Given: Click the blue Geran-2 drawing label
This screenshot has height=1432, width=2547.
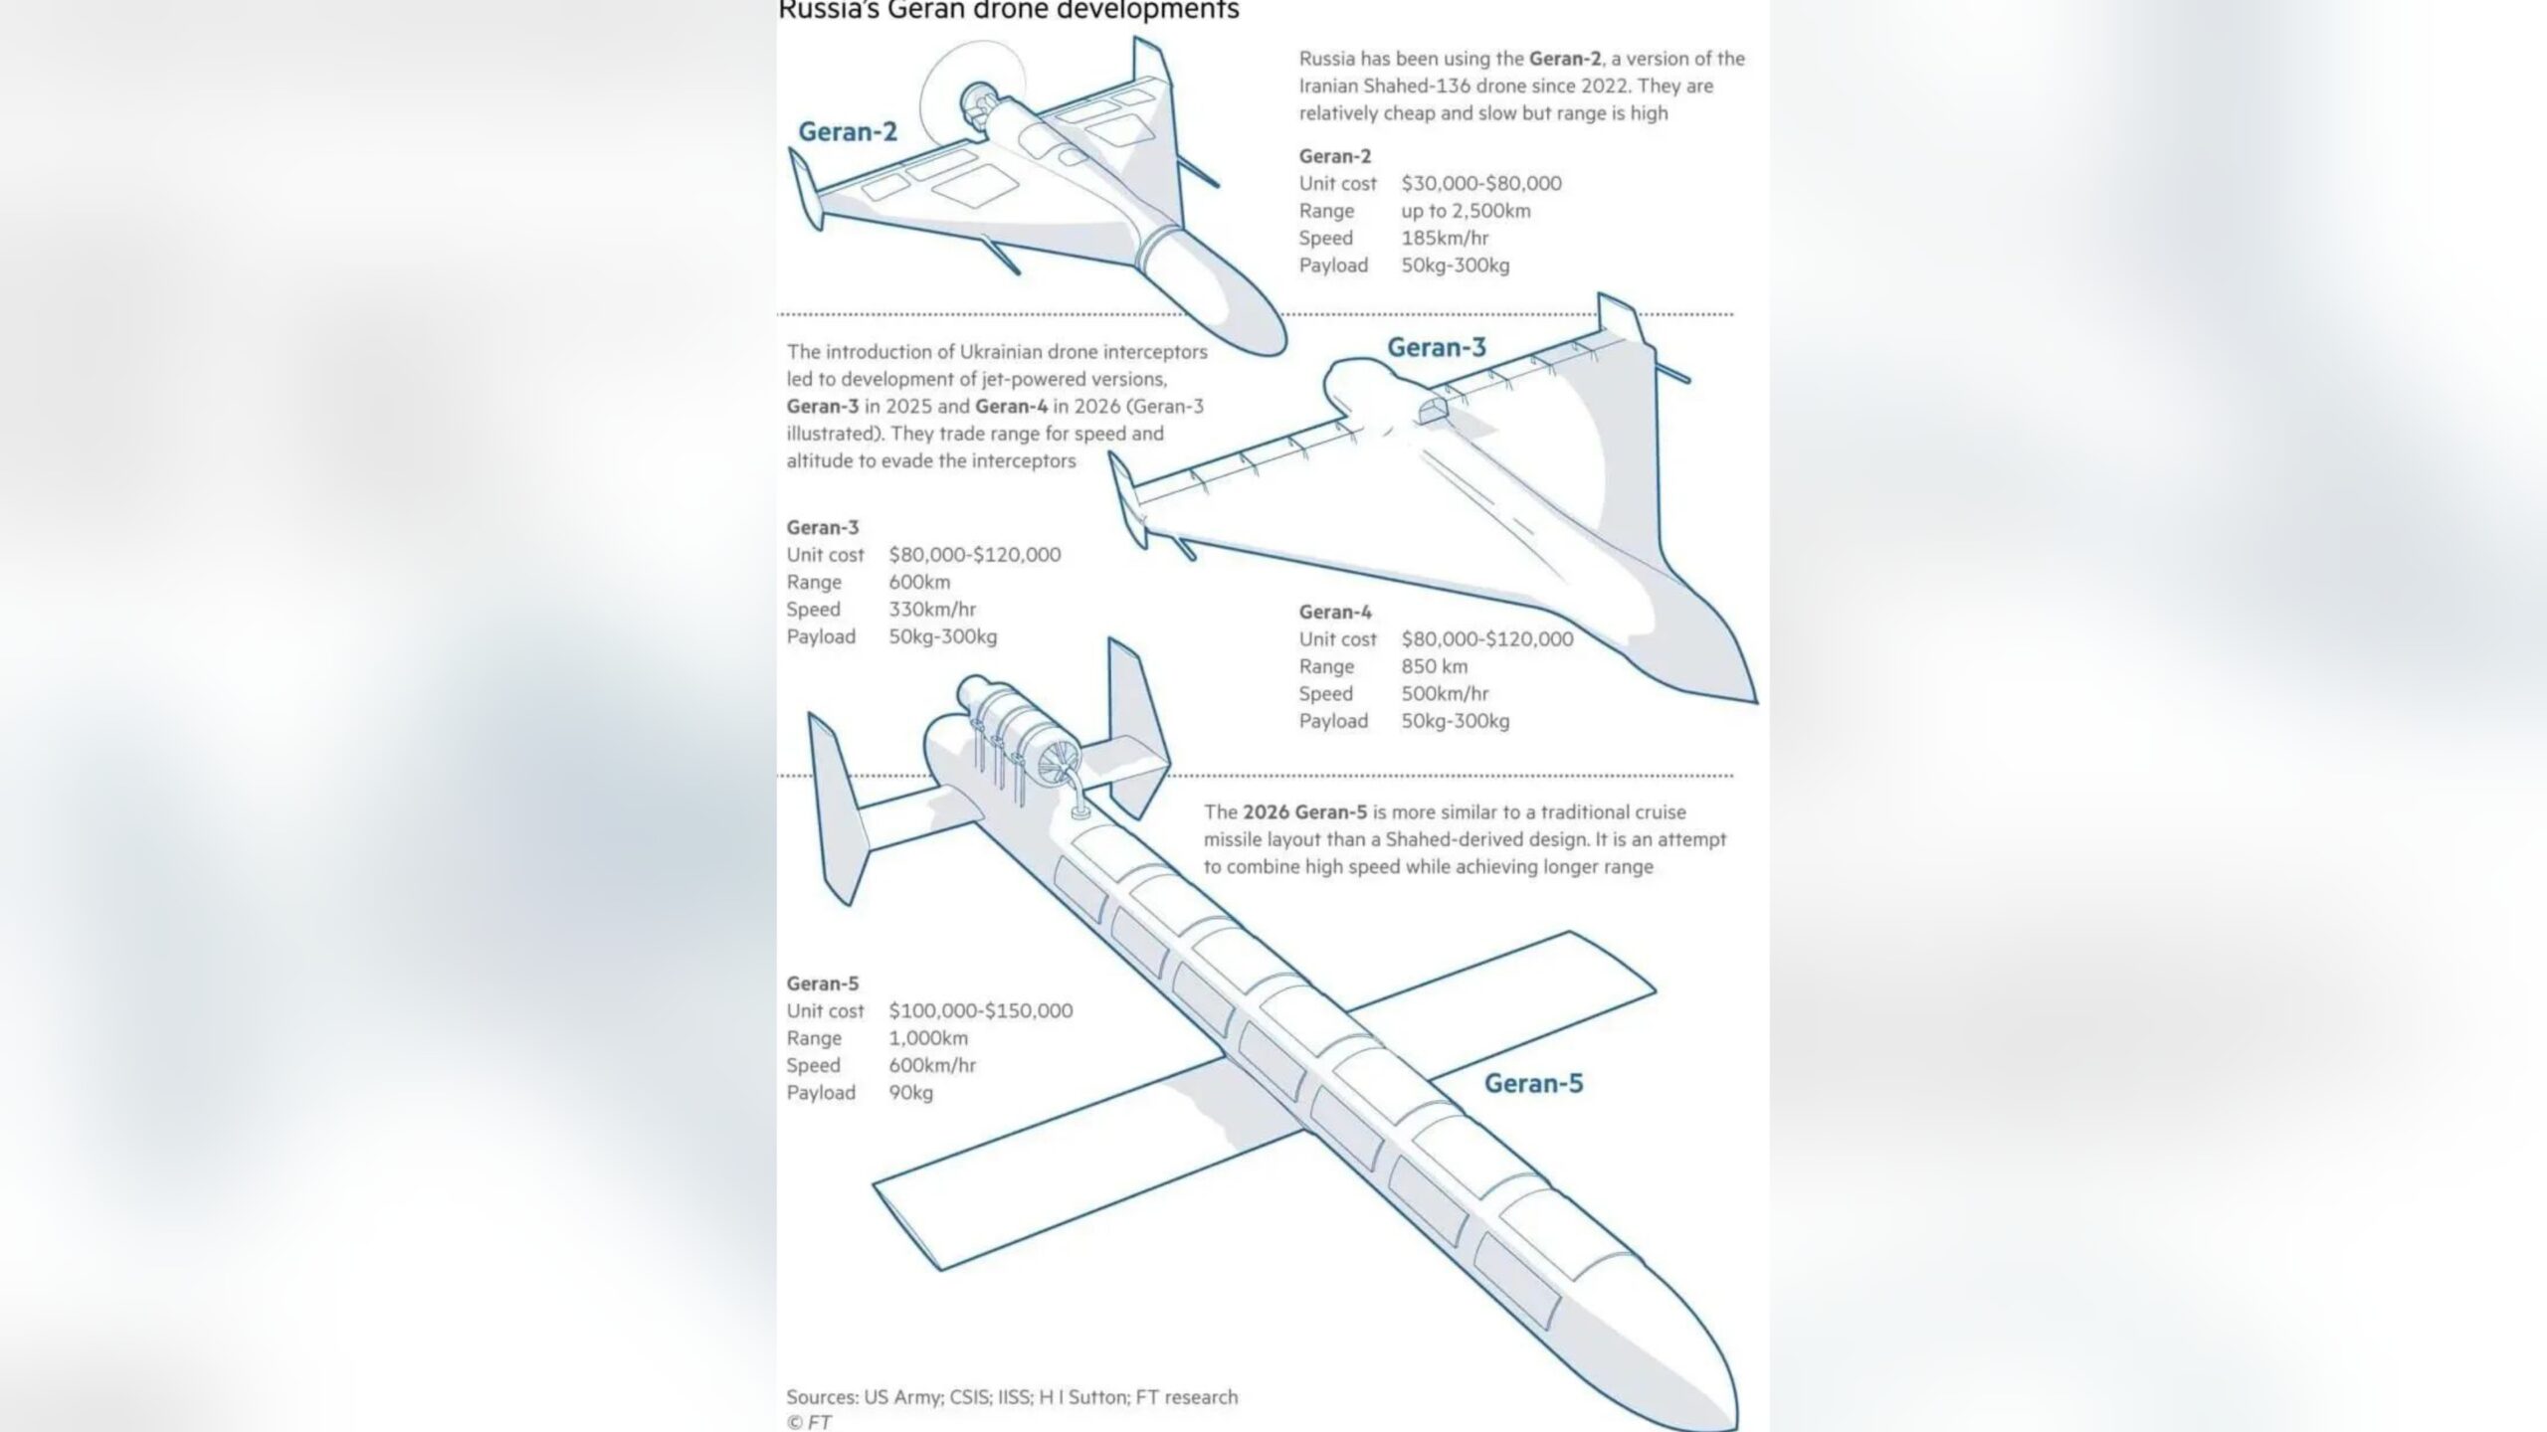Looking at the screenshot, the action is click(x=848, y=131).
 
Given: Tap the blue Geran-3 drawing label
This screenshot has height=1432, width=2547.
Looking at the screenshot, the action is click(x=1437, y=347).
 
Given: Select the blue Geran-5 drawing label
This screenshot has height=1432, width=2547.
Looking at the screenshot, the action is click(x=1533, y=1083).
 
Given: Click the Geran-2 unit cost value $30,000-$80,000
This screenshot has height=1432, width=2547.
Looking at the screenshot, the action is click(x=1481, y=183).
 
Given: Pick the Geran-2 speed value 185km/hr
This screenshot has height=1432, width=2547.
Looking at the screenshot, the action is click(x=1445, y=238).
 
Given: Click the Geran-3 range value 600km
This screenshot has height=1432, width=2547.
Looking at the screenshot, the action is click(x=919, y=582).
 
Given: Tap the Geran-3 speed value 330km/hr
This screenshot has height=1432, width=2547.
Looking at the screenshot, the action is click(x=932, y=609).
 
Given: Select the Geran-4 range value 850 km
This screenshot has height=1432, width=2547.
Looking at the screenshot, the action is click(x=1434, y=666).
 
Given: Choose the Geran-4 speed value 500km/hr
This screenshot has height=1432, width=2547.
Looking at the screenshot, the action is click(x=1445, y=693).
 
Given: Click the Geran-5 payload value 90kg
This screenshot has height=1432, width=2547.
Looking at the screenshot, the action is click(x=910, y=1093).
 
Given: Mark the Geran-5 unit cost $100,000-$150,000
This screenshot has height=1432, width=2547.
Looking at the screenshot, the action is click(x=980, y=1010).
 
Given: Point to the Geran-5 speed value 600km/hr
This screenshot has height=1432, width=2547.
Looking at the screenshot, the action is click(x=932, y=1065).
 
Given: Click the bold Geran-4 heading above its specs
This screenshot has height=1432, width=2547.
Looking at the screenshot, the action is click(x=1335, y=612).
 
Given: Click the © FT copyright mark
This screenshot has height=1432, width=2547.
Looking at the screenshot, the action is click(x=809, y=1422).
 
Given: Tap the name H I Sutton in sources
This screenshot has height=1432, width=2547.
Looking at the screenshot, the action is click(x=1082, y=1396).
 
